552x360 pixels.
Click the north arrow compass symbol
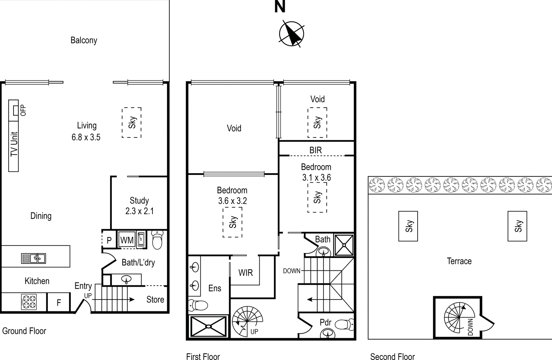click(292, 34)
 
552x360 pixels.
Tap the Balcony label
click(84, 40)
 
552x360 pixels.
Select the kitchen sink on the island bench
click(34, 258)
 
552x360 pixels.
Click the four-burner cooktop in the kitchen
click(29, 302)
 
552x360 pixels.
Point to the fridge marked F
click(59, 302)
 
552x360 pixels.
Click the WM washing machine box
click(127, 240)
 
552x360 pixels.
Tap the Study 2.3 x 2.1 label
click(139, 206)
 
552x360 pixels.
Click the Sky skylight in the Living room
click(132, 123)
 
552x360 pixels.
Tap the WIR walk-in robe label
click(245, 273)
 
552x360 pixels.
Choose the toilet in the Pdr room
click(344, 325)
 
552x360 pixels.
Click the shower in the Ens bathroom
click(208, 326)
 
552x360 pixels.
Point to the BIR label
click(316, 150)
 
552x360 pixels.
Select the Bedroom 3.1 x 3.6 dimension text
click(316, 178)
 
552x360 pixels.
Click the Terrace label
click(459, 261)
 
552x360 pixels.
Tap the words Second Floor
click(392, 357)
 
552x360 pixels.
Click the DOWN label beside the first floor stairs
click(292, 271)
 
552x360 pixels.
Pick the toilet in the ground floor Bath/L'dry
click(157, 240)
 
